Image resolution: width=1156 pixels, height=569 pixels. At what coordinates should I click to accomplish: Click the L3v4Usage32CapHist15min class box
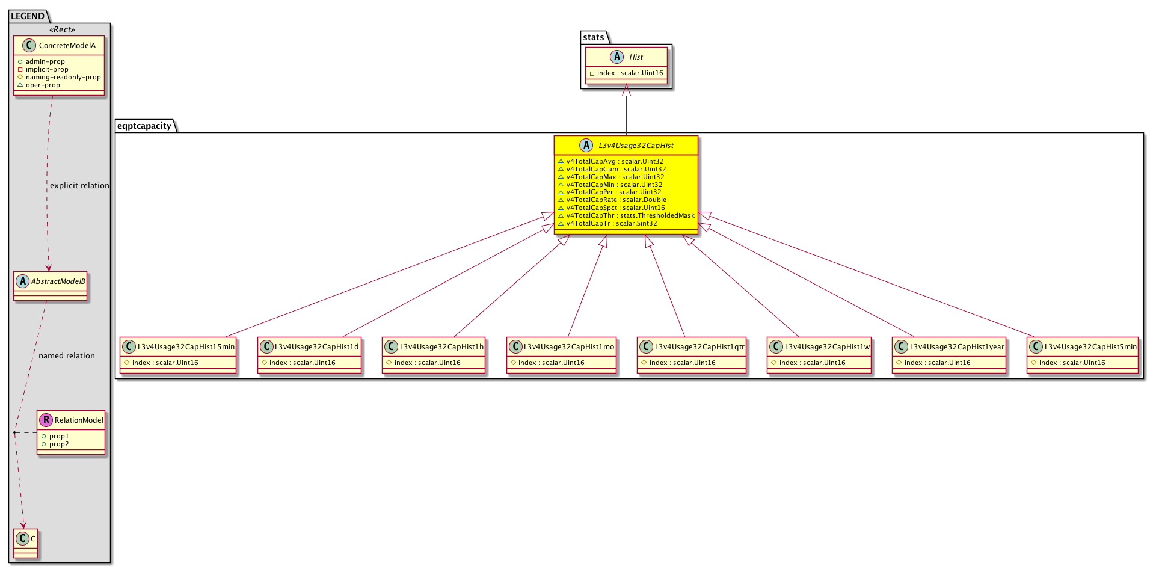(178, 355)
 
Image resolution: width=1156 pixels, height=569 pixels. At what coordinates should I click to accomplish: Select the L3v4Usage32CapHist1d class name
(316, 347)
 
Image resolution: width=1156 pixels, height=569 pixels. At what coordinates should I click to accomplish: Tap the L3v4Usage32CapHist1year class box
(949, 355)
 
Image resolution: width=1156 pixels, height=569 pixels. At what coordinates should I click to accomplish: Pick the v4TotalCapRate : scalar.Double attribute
(616, 200)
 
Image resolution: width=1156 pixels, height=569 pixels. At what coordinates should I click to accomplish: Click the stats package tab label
(594, 37)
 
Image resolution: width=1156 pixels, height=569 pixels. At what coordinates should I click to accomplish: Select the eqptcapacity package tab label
(144, 126)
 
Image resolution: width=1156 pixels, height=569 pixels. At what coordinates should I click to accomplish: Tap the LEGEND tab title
(28, 16)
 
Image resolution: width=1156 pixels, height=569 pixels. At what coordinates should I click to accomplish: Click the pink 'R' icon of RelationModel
(46, 420)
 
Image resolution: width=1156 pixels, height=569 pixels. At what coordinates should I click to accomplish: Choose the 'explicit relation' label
(79, 186)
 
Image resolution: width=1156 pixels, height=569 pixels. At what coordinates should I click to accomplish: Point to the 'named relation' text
(67, 356)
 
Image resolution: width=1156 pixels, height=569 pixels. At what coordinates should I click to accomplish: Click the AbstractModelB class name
(58, 281)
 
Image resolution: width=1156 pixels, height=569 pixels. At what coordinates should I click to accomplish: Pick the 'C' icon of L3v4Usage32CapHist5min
(1036, 346)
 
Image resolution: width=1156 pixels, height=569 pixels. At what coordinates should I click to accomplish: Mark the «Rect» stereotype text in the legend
(63, 30)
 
